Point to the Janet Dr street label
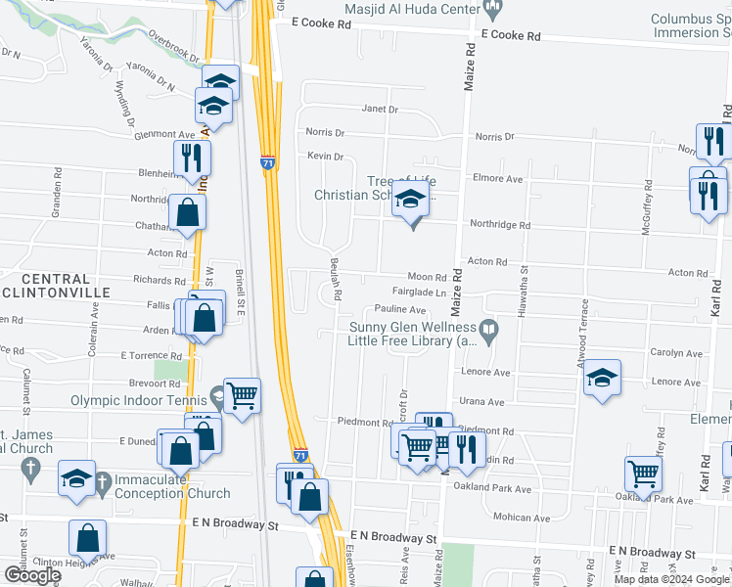(380, 110)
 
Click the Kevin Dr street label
(325, 156)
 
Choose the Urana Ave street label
(481, 401)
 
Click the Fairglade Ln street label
(419, 293)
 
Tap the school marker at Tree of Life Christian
(411, 203)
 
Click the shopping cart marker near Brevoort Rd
(242, 394)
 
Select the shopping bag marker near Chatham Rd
(186, 211)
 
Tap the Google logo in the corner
(31, 575)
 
